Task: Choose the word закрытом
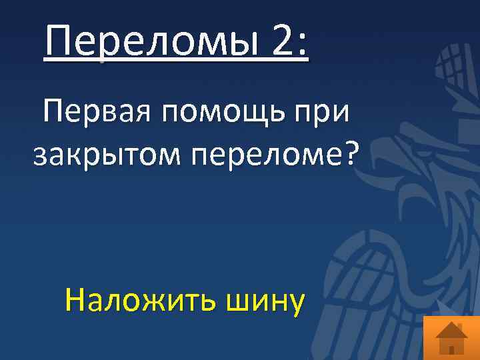click(x=107, y=156)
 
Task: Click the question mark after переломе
click(x=351, y=153)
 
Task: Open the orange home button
click(x=451, y=337)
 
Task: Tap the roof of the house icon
click(x=451, y=329)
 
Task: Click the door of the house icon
click(x=451, y=348)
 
